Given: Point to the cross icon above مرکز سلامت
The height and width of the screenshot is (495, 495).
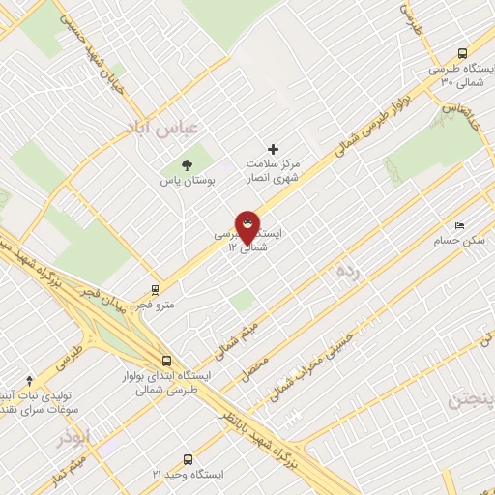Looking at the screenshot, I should pyautogui.click(x=273, y=149).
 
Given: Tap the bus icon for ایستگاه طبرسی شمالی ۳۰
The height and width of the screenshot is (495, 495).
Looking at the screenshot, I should pyautogui.click(x=462, y=54).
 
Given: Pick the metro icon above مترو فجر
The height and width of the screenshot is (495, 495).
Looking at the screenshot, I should pyautogui.click(x=155, y=290).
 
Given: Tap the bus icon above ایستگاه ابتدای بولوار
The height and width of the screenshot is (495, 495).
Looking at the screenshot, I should pyautogui.click(x=166, y=361).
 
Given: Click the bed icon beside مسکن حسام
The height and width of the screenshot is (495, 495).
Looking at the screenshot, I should pyautogui.click(x=459, y=224).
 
